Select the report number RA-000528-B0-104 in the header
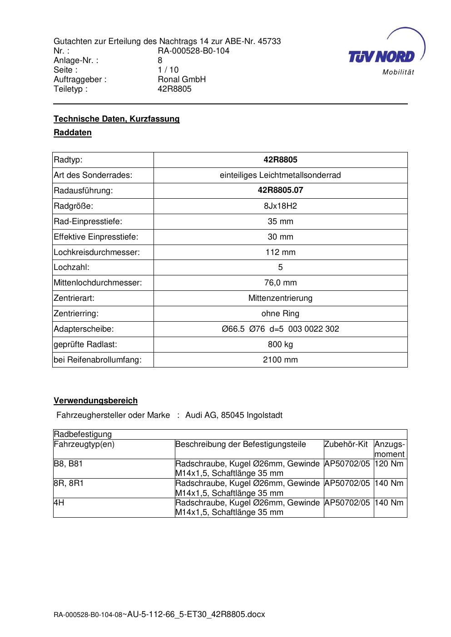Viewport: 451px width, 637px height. click(193, 51)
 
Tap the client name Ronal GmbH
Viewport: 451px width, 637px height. click(182, 79)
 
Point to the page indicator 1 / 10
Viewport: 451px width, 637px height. click(168, 70)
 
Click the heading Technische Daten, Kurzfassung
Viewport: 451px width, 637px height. click(117, 119)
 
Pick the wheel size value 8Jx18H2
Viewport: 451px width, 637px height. click(280, 206)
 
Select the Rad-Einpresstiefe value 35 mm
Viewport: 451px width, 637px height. click(280, 221)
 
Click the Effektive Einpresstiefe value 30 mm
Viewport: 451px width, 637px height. click(280, 237)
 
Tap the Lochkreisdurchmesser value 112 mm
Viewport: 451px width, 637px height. click(280, 252)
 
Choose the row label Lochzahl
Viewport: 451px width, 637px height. click(72, 268)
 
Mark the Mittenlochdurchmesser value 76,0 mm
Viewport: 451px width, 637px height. click(280, 283)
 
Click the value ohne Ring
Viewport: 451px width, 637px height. click(280, 314)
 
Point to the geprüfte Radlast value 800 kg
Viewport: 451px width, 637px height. click(280, 344)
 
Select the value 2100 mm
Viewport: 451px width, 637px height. click(280, 360)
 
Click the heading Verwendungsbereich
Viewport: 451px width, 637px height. click(96, 401)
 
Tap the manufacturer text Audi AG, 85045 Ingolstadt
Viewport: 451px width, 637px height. click(234, 415)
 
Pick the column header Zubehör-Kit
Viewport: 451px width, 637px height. click(346, 444)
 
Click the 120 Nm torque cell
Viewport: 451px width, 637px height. click(389, 464)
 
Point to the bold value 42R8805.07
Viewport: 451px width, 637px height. click(280, 190)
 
